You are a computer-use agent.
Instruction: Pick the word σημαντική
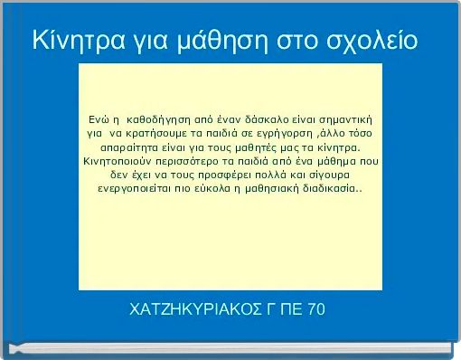tap(345, 118)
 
